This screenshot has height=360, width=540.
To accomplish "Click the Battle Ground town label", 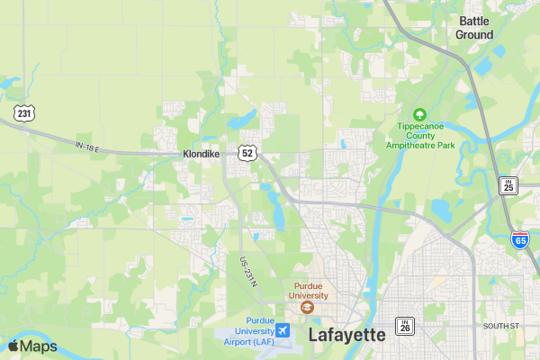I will pyautogui.click(x=474, y=28).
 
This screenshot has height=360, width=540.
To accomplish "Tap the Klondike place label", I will pyautogui.click(x=201, y=154).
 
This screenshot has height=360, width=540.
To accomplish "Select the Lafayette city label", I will pyautogui.click(x=346, y=335).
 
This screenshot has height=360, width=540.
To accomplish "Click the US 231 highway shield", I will pyautogui.click(x=24, y=112).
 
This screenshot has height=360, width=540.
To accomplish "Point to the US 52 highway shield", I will pyautogui.click(x=247, y=153).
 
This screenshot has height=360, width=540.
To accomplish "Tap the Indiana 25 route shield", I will pyautogui.click(x=509, y=185).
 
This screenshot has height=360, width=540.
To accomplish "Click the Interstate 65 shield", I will pyautogui.click(x=520, y=239).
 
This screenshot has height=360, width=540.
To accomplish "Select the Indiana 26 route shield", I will pyautogui.click(x=406, y=325).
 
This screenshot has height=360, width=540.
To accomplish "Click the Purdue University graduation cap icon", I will pyautogui.click(x=309, y=308).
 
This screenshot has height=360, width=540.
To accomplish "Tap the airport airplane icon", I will pyautogui.click(x=283, y=331).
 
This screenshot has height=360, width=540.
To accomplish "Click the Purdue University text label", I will pyautogui.click(x=309, y=290).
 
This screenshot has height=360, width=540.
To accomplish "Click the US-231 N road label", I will pyautogui.click(x=248, y=273).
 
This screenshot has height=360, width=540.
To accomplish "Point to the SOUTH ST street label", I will pyautogui.click(x=501, y=325).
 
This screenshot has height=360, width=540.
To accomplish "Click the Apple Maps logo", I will pyautogui.click(x=32, y=346).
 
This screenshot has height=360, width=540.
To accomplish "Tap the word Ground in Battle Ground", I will pyautogui.click(x=474, y=35).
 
